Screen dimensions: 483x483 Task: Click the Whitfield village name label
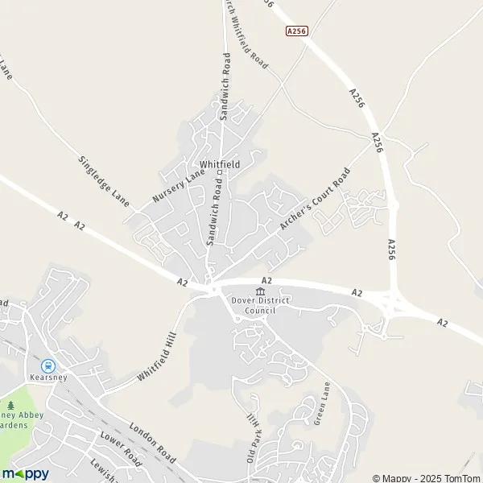[220, 163]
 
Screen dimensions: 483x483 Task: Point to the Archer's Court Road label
[316, 201]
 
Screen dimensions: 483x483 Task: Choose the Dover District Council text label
[260, 305]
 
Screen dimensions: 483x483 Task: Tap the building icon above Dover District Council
[260, 291]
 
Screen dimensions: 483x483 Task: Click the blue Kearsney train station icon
[47, 365]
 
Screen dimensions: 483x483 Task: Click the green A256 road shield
[297, 30]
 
